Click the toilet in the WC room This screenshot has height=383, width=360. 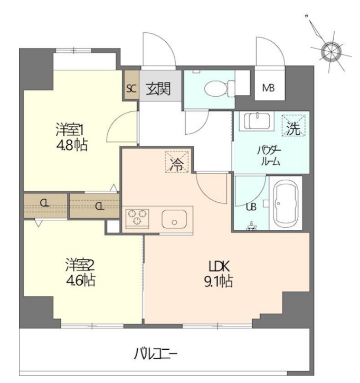tap(219, 88)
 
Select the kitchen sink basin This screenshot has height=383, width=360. tap(174, 219)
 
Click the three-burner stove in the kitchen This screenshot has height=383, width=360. tap(137, 217)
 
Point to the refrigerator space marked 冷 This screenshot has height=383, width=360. tap(177, 162)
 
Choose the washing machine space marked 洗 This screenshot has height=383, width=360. tap(293, 125)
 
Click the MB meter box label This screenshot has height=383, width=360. tap(269, 88)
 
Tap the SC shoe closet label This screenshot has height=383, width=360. tap(131, 89)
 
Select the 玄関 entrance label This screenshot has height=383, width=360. tap(158, 88)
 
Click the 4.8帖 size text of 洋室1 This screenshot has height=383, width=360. tap(72, 145)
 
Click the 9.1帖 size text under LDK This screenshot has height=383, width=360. tap(219, 282)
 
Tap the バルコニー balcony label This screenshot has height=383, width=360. tap(155, 354)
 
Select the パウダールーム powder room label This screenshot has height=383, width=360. tap(270, 156)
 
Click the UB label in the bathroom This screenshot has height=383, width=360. tap(251, 207)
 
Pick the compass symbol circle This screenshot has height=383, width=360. tap(330, 51)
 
